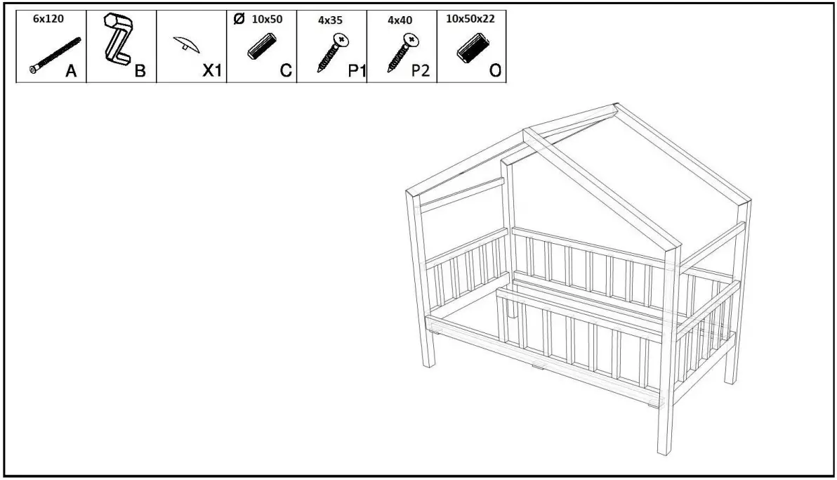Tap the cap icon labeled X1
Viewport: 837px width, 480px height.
186,45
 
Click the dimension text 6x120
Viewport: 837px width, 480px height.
48,19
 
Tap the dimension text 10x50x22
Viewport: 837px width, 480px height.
470,19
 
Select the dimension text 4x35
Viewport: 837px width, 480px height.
330,20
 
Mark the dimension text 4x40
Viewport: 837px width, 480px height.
400,20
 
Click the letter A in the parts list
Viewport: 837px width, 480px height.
72,71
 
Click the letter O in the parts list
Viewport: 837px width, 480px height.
494,71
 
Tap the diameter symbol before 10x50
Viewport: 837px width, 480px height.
238,19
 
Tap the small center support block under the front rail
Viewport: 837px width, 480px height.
536,365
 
